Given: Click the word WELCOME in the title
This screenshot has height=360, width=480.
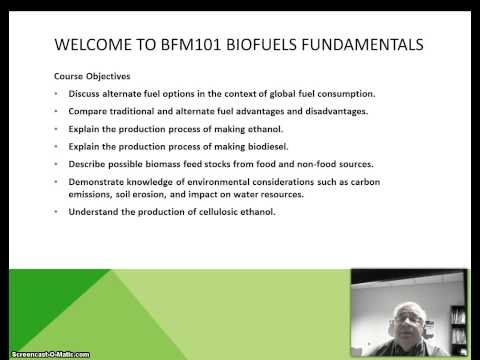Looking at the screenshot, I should point(95,44).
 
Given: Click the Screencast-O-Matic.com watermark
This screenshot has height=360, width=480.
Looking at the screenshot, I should point(45,354).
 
